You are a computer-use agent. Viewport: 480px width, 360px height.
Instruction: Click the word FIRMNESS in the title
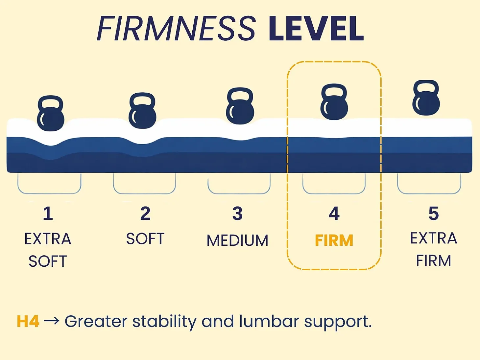[176, 28]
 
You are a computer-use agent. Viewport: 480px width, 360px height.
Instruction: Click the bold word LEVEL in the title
[316, 28]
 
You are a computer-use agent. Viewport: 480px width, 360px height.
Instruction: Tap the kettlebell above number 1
[51, 113]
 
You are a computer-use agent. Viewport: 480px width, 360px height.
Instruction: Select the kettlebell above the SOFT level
[142, 111]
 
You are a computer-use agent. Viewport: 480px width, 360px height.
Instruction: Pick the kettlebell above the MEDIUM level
[240, 106]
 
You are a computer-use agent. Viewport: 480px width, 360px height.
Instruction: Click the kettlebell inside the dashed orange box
[334, 102]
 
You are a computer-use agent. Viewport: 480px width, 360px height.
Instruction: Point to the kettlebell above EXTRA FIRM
[426, 98]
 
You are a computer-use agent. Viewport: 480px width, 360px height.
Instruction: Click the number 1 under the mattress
[48, 214]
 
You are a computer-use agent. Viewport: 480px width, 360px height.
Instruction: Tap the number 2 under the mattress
[145, 214]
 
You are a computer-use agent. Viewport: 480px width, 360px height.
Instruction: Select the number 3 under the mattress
[237, 214]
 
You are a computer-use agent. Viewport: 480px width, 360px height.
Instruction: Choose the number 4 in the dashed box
[334, 214]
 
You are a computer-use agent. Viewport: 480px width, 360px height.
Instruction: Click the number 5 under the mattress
[433, 214]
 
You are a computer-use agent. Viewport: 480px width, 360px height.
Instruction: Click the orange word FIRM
[334, 240]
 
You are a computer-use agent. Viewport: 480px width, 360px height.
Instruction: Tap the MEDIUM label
[237, 240]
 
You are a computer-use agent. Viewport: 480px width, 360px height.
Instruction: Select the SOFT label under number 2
[145, 238]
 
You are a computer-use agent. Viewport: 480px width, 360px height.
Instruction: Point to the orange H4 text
[28, 321]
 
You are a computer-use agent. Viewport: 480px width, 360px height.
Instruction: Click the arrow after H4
[52, 321]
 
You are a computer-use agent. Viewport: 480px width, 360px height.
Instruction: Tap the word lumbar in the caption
[269, 321]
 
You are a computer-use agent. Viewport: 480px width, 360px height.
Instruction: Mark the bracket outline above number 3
[239, 193]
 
